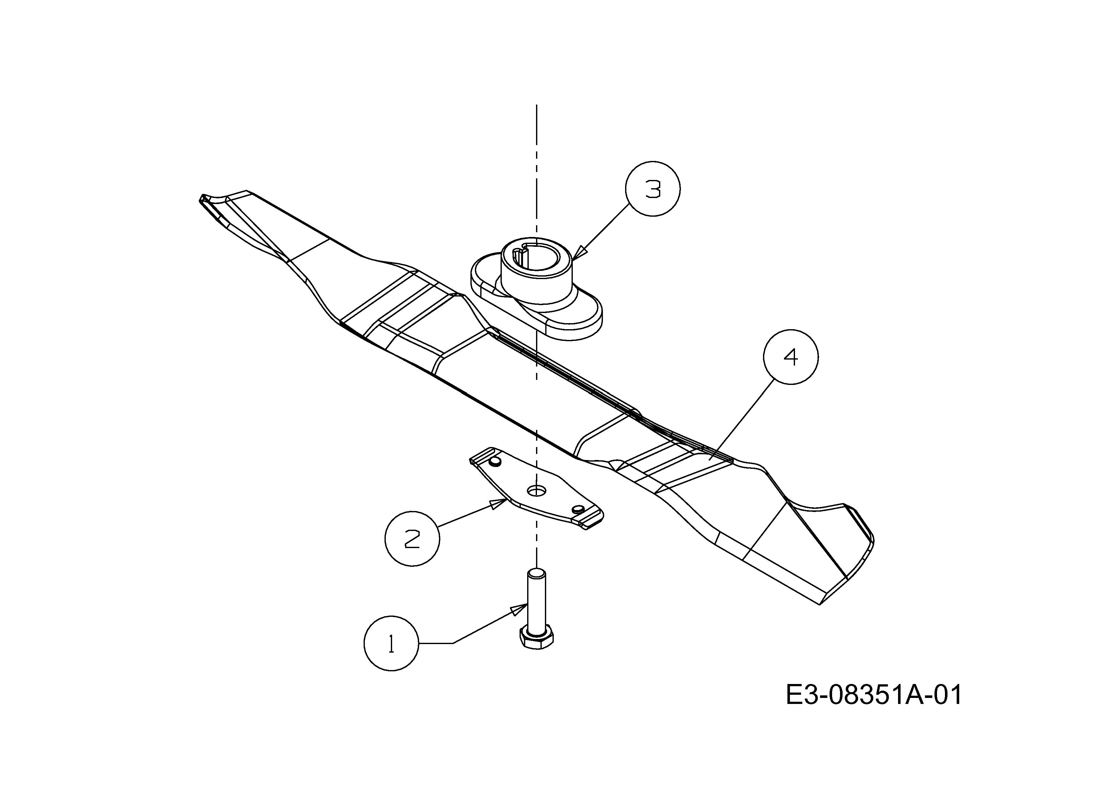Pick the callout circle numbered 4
[x=791, y=357]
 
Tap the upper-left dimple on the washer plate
[x=495, y=462]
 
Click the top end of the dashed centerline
[x=536, y=105]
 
